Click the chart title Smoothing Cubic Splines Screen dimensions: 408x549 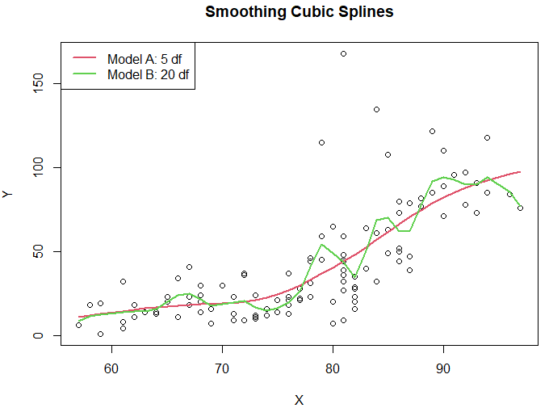299,13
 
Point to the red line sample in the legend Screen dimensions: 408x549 84,58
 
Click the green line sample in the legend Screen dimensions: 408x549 84,74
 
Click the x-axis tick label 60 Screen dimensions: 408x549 111,369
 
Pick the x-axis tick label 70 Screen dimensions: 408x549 222,369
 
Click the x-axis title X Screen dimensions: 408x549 299,400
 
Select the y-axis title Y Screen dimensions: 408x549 7,194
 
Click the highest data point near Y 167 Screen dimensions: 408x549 343,53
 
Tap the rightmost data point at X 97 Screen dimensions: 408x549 521,208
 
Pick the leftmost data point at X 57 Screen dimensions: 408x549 78,325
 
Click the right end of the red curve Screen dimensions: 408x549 521,172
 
